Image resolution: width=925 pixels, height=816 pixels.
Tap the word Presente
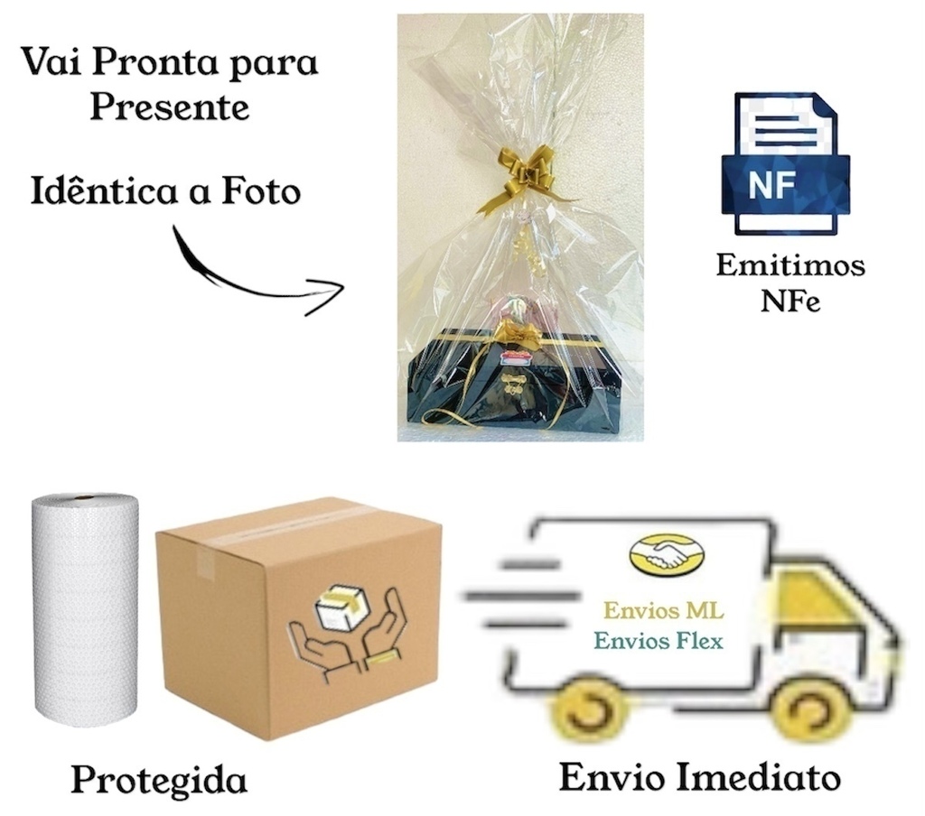point(169,107)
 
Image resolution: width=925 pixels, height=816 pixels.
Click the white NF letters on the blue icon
point(771,184)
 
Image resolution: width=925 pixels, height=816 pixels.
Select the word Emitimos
point(790,265)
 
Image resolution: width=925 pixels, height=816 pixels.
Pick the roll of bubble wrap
point(86,611)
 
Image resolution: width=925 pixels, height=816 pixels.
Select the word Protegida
point(158,780)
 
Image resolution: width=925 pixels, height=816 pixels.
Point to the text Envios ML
point(664,611)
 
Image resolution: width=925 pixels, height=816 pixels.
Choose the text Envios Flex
point(658,640)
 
